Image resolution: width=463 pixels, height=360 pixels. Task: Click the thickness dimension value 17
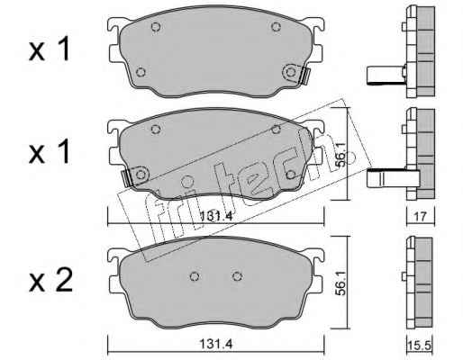(x=421, y=217)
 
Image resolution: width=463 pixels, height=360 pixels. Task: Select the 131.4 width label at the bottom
(x=216, y=344)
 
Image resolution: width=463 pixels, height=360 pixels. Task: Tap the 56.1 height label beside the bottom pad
(x=340, y=282)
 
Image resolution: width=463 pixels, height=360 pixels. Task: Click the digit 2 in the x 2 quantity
(x=64, y=281)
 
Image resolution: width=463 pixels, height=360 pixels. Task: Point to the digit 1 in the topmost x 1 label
(x=64, y=49)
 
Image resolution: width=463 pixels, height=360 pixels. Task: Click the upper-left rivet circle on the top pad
(x=156, y=27)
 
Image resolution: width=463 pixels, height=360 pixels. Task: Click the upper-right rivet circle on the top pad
(x=276, y=27)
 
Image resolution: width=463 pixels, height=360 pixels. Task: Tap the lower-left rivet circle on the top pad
(x=141, y=72)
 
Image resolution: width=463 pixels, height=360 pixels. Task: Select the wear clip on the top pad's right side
(x=304, y=76)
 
